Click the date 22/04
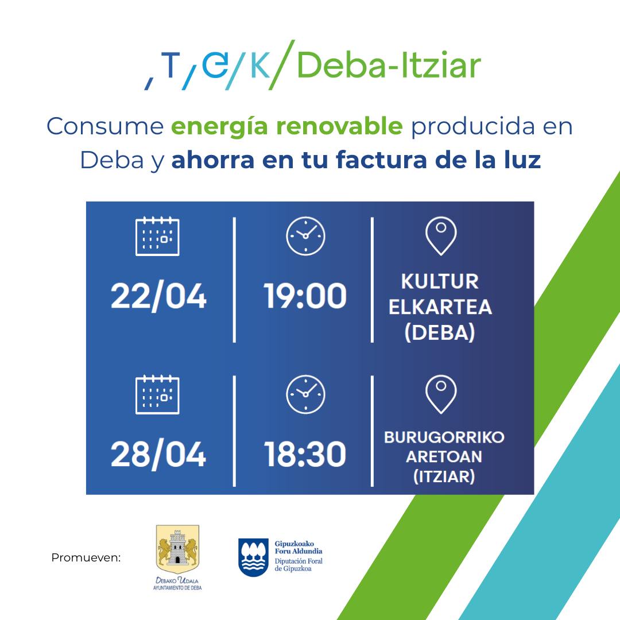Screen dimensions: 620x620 [158, 296]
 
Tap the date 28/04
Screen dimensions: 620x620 [158, 454]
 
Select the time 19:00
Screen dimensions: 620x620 [305, 296]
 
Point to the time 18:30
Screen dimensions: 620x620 [305, 454]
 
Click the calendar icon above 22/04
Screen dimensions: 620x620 [157, 236]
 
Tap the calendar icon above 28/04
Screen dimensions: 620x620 [157, 394]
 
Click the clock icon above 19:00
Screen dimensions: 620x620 [305, 236]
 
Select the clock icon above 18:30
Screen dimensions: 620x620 [305, 394]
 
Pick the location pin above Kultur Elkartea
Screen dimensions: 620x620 [441, 236]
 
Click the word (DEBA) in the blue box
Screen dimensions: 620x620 [440, 332]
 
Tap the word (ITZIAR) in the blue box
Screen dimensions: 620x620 [444, 476]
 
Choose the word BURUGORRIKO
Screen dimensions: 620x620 [444, 437]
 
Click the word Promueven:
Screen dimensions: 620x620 [86, 557]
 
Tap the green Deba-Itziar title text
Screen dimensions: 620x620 [389, 65]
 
